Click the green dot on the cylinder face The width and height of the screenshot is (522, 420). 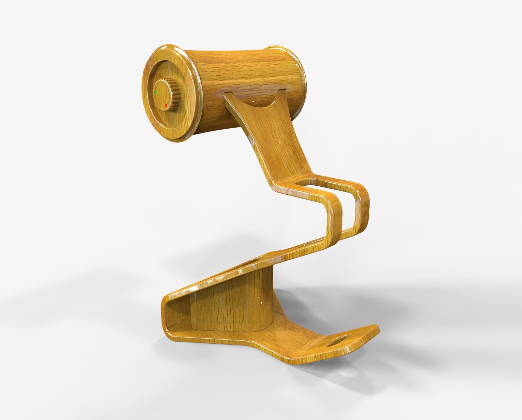click(x=156, y=92)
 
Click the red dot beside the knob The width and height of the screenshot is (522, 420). click(x=166, y=105)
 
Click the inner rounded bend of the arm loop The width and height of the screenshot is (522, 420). click(x=336, y=209)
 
